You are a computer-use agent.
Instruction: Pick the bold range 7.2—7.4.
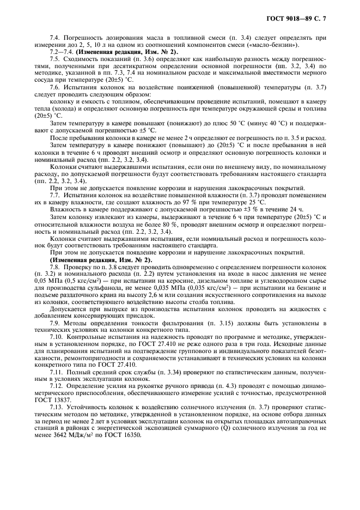point(60,51)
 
